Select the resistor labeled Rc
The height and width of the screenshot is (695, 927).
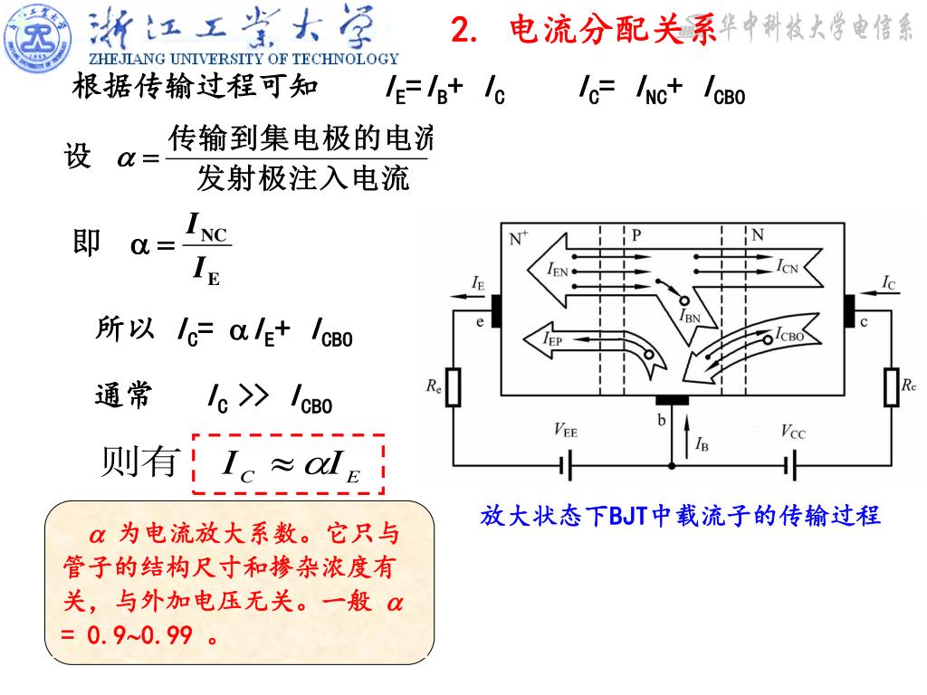click(891, 387)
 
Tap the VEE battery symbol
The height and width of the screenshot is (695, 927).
click(567, 467)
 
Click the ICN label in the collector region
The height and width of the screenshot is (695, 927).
click(787, 266)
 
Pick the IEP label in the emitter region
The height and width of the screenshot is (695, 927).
click(552, 340)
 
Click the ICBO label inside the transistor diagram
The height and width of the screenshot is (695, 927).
click(789, 334)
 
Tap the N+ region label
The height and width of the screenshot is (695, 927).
click(519, 239)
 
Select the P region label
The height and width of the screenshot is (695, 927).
click(636, 235)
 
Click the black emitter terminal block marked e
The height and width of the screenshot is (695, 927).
click(496, 309)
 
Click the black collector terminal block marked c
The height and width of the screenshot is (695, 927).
click(850, 309)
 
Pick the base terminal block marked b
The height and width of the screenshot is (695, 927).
click(672, 400)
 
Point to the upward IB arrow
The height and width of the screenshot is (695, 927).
click(687, 430)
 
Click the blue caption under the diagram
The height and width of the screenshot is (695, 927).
click(681, 516)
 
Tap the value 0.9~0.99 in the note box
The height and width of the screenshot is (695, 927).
click(139, 635)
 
